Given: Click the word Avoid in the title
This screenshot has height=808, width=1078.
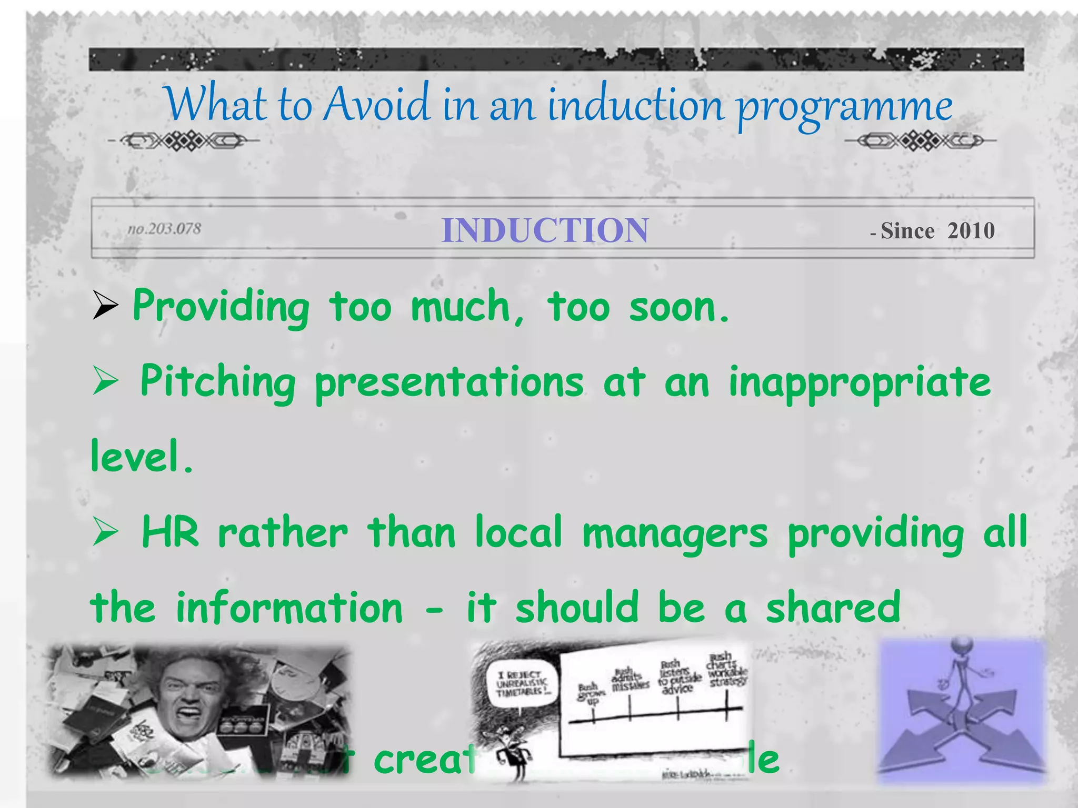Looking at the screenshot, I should point(377,104).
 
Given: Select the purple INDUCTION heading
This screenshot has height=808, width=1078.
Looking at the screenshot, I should point(545,230).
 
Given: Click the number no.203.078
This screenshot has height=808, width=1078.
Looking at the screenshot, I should point(164,229).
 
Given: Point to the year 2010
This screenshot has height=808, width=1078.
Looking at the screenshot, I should point(971,231).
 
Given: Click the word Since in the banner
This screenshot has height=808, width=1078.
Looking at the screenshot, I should point(907,231).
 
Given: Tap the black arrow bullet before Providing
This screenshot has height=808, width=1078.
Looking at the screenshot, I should point(105,306).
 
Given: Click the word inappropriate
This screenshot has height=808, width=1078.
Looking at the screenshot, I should point(859,383).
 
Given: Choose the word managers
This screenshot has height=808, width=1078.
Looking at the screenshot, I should point(675,534).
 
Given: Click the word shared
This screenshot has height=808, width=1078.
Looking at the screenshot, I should point(833,608).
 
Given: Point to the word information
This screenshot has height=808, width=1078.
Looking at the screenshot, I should point(289,608).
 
